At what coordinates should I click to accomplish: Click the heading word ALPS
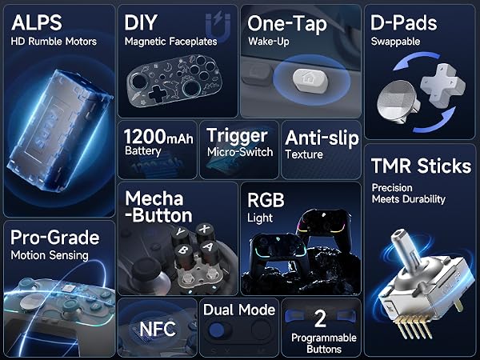[x=37, y=22]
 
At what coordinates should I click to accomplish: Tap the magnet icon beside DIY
[x=218, y=27]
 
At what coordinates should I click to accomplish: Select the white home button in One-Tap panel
[x=310, y=78]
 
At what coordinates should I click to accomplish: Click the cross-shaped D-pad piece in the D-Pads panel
[x=442, y=84]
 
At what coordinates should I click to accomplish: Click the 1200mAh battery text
[x=158, y=137]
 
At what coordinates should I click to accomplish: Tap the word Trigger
[x=237, y=136]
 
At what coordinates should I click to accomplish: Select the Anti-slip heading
[x=322, y=138]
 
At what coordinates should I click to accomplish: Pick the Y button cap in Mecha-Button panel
[x=181, y=234]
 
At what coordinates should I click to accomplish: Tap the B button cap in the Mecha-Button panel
[x=184, y=253]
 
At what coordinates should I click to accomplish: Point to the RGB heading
[x=266, y=200]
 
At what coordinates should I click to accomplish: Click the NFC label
[x=158, y=329]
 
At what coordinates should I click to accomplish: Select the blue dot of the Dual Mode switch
[x=217, y=330]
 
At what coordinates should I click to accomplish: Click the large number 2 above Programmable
[x=320, y=318]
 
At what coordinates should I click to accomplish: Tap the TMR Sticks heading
[x=422, y=166]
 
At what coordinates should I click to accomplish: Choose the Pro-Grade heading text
[x=54, y=238]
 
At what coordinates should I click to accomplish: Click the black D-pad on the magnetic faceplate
[x=158, y=94]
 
